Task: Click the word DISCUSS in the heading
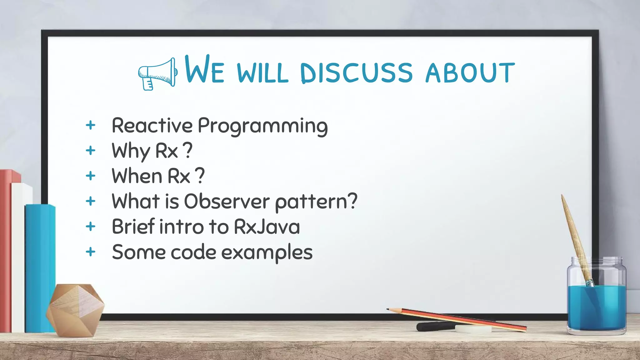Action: pos(356,72)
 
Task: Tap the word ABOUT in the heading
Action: pos(470,72)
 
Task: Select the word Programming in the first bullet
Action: pos(262,126)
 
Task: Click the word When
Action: pos(137,176)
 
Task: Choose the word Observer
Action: pos(227,201)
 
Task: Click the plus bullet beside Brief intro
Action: pos(91,227)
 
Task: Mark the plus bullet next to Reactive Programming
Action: pos(91,125)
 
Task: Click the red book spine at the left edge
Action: pos(5,250)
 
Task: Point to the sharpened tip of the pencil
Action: pos(388,309)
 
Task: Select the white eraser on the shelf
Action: pos(473,329)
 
